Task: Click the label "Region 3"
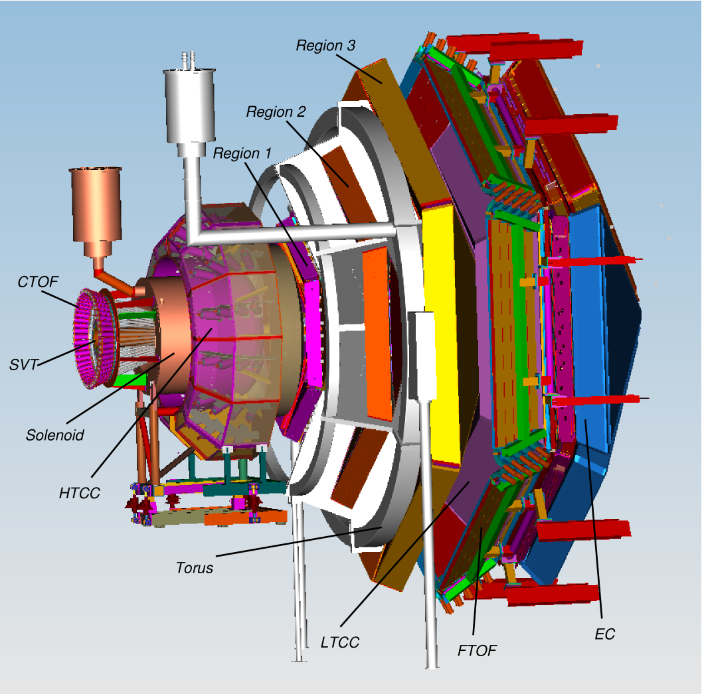pos(325,46)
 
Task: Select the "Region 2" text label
pos(276,112)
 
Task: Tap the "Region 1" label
pos(242,153)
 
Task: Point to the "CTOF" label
pos(38,283)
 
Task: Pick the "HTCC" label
pos(79,493)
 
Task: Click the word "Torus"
pos(195,568)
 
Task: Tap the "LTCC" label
pos(339,642)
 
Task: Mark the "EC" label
pos(604,634)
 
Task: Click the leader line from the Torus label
pos(299,540)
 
